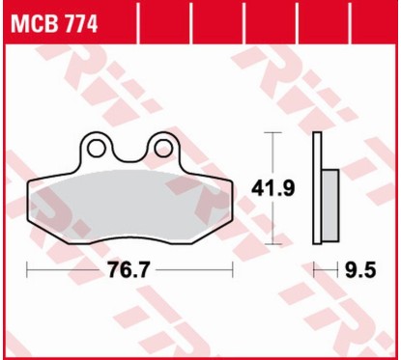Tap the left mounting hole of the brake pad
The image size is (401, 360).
click(95, 147)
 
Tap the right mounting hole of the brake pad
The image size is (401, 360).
click(162, 147)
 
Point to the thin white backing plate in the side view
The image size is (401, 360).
click(316, 188)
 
